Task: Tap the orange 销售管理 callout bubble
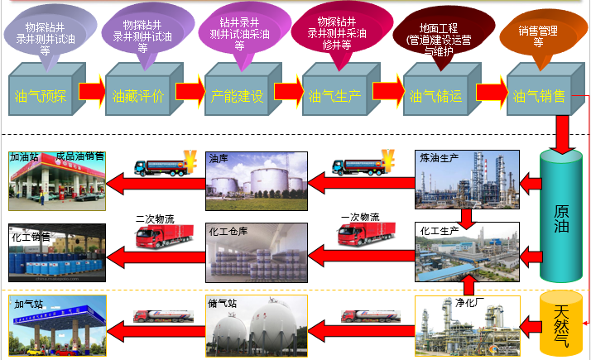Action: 537,36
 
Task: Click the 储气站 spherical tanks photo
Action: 257,326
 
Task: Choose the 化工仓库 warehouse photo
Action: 257,252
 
